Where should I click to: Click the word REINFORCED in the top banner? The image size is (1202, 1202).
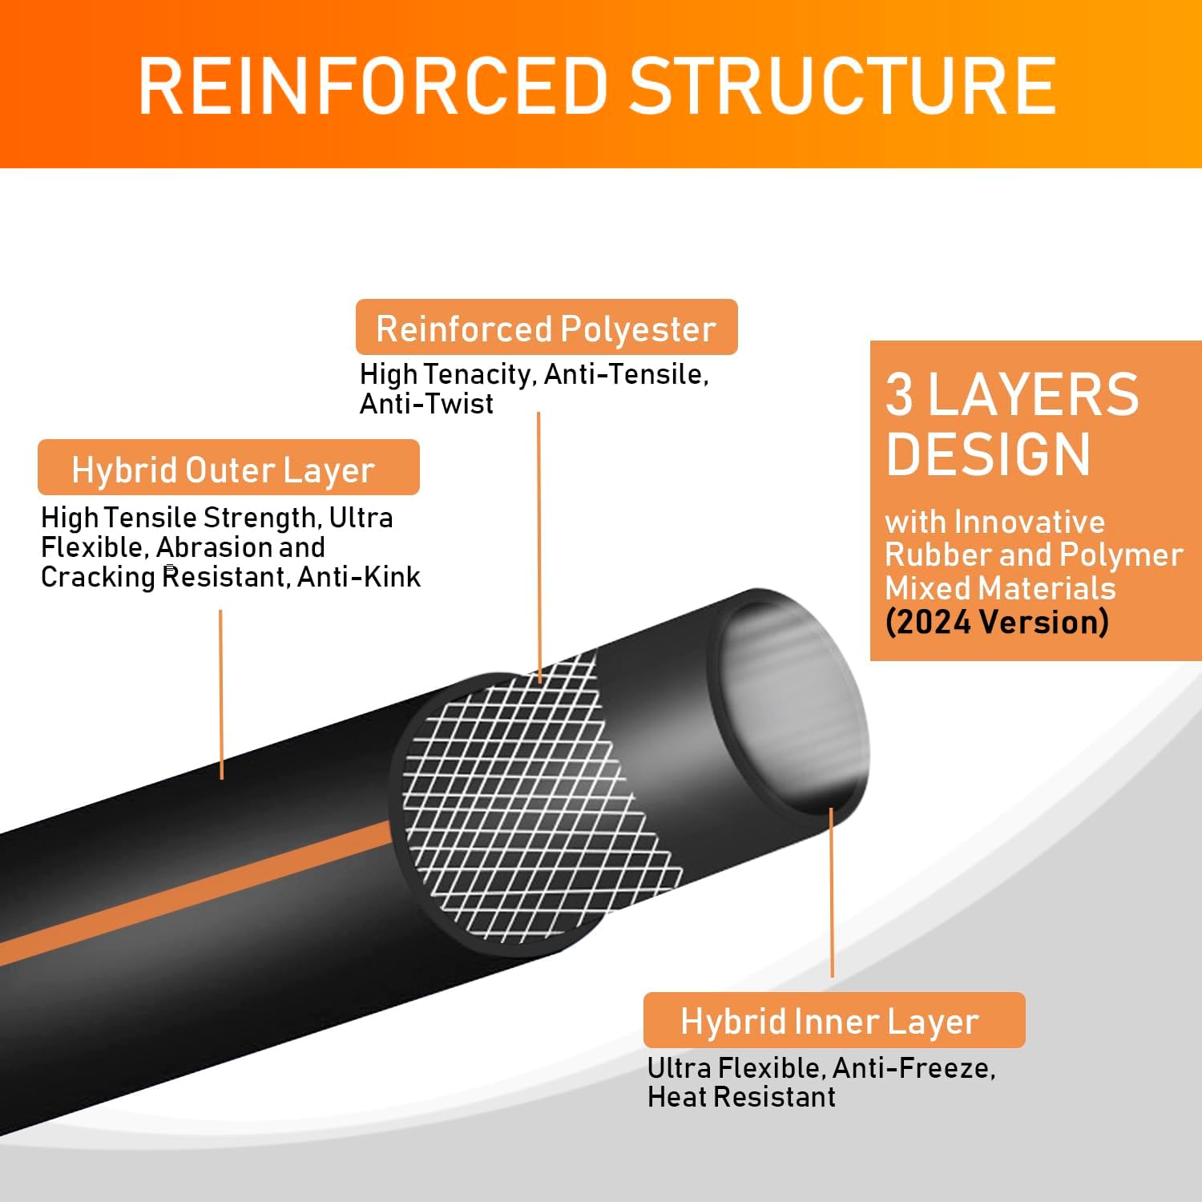(373, 86)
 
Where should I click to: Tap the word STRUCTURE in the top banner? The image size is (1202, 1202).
(842, 86)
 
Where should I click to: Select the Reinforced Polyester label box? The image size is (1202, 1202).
(547, 328)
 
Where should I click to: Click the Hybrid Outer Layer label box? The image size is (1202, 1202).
(228, 469)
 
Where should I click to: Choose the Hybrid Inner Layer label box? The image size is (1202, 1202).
(833, 1021)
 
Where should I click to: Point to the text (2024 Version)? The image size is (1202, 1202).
(997, 622)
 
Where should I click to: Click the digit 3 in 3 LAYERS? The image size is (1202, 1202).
(899, 395)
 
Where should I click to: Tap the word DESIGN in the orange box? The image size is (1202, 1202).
(988, 454)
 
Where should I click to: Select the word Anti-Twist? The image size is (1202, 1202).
(426, 404)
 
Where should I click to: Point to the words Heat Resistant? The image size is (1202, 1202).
(741, 1097)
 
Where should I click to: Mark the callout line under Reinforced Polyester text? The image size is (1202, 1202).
(538, 545)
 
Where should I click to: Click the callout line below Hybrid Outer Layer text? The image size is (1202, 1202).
(221, 693)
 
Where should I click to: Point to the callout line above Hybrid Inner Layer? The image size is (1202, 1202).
(832, 893)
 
